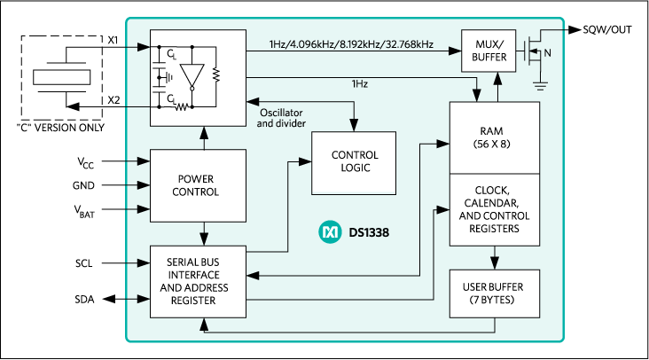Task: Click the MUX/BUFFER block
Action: [488, 51]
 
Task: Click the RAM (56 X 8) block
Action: [494, 137]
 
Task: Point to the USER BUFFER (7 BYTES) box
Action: [493, 293]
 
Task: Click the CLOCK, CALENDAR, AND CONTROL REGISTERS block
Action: [494, 209]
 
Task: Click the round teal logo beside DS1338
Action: [329, 232]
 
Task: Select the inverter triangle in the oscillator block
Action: [196, 74]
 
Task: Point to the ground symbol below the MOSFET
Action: [539, 86]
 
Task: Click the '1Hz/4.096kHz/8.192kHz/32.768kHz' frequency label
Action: [351, 43]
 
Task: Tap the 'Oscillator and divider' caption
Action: [281, 118]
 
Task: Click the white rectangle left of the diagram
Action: [61, 77]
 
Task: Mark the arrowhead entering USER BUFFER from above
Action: [494, 263]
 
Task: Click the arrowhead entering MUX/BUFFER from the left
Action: [455, 51]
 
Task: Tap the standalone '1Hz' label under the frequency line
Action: [359, 83]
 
